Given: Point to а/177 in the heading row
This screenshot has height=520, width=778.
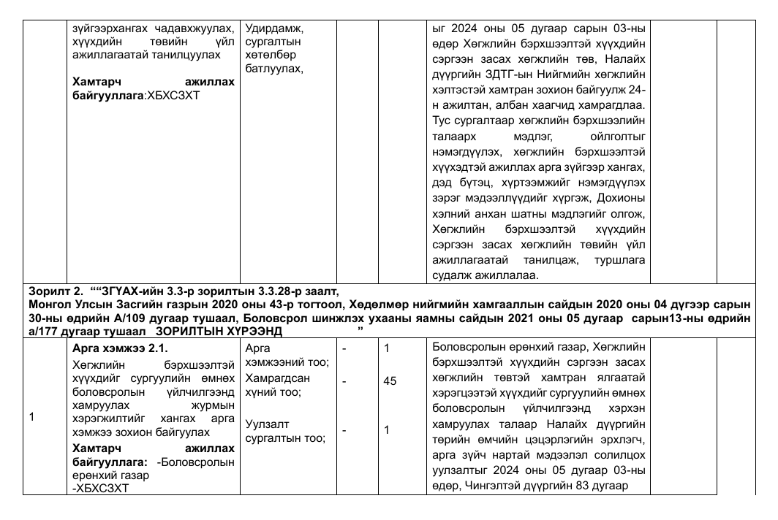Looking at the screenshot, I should point(42,331).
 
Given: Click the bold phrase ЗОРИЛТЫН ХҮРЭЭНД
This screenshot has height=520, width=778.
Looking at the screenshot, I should point(219,331).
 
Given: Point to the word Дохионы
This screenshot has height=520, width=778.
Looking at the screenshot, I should point(622,196).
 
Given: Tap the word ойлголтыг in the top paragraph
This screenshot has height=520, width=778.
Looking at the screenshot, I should point(618,137).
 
